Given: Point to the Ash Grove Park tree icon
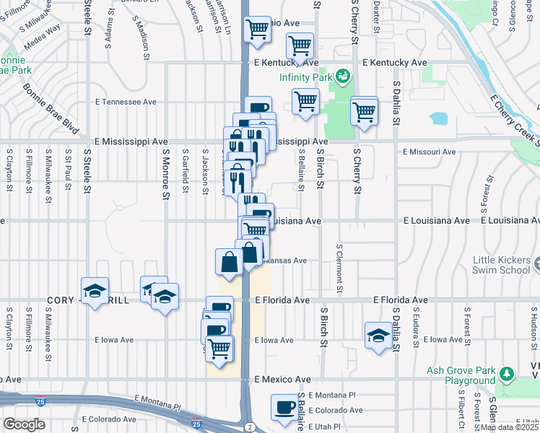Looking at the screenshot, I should pos(507,373).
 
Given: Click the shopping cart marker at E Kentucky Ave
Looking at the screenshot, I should pos(300,47).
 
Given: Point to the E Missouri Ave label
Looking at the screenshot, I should pos(430,152).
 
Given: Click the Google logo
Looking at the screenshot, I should pos(24,424).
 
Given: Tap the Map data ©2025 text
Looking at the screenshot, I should pos(510,427).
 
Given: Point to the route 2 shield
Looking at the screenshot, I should pos(248,427).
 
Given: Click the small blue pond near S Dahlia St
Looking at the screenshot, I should pos(438,118).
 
